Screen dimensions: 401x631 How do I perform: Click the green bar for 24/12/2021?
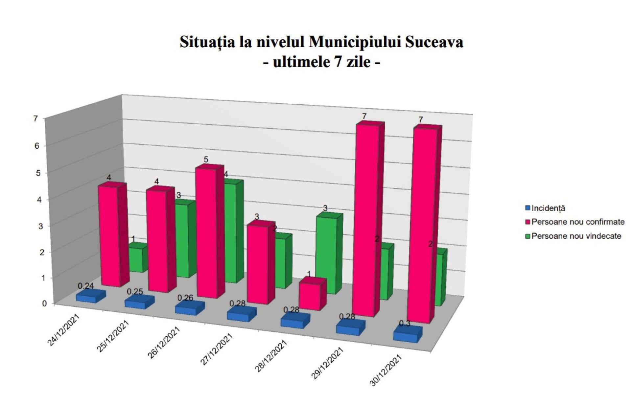pyautogui.click(x=135, y=259)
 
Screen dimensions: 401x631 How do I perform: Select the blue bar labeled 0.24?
pyautogui.click(x=89, y=296)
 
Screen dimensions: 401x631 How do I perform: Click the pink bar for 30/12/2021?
pyautogui.click(x=422, y=225)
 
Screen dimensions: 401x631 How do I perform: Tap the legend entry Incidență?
pyautogui.click(x=548, y=208)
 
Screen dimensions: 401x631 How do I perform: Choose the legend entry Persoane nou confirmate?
pyautogui.click(x=577, y=222)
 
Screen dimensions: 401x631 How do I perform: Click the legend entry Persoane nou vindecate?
pyautogui.click(x=576, y=236)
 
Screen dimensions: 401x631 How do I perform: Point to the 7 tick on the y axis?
pyautogui.click(x=36, y=118)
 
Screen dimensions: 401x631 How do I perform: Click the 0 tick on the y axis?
pyautogui.click(x=44, y=304)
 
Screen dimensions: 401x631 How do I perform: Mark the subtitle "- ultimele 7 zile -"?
pyautogui.click(x=321, y=62)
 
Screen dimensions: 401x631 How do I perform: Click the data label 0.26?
pyautogui.click(x=185, y=298)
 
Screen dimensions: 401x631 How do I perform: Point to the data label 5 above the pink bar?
pyautogui.click(x=206, y=160)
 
